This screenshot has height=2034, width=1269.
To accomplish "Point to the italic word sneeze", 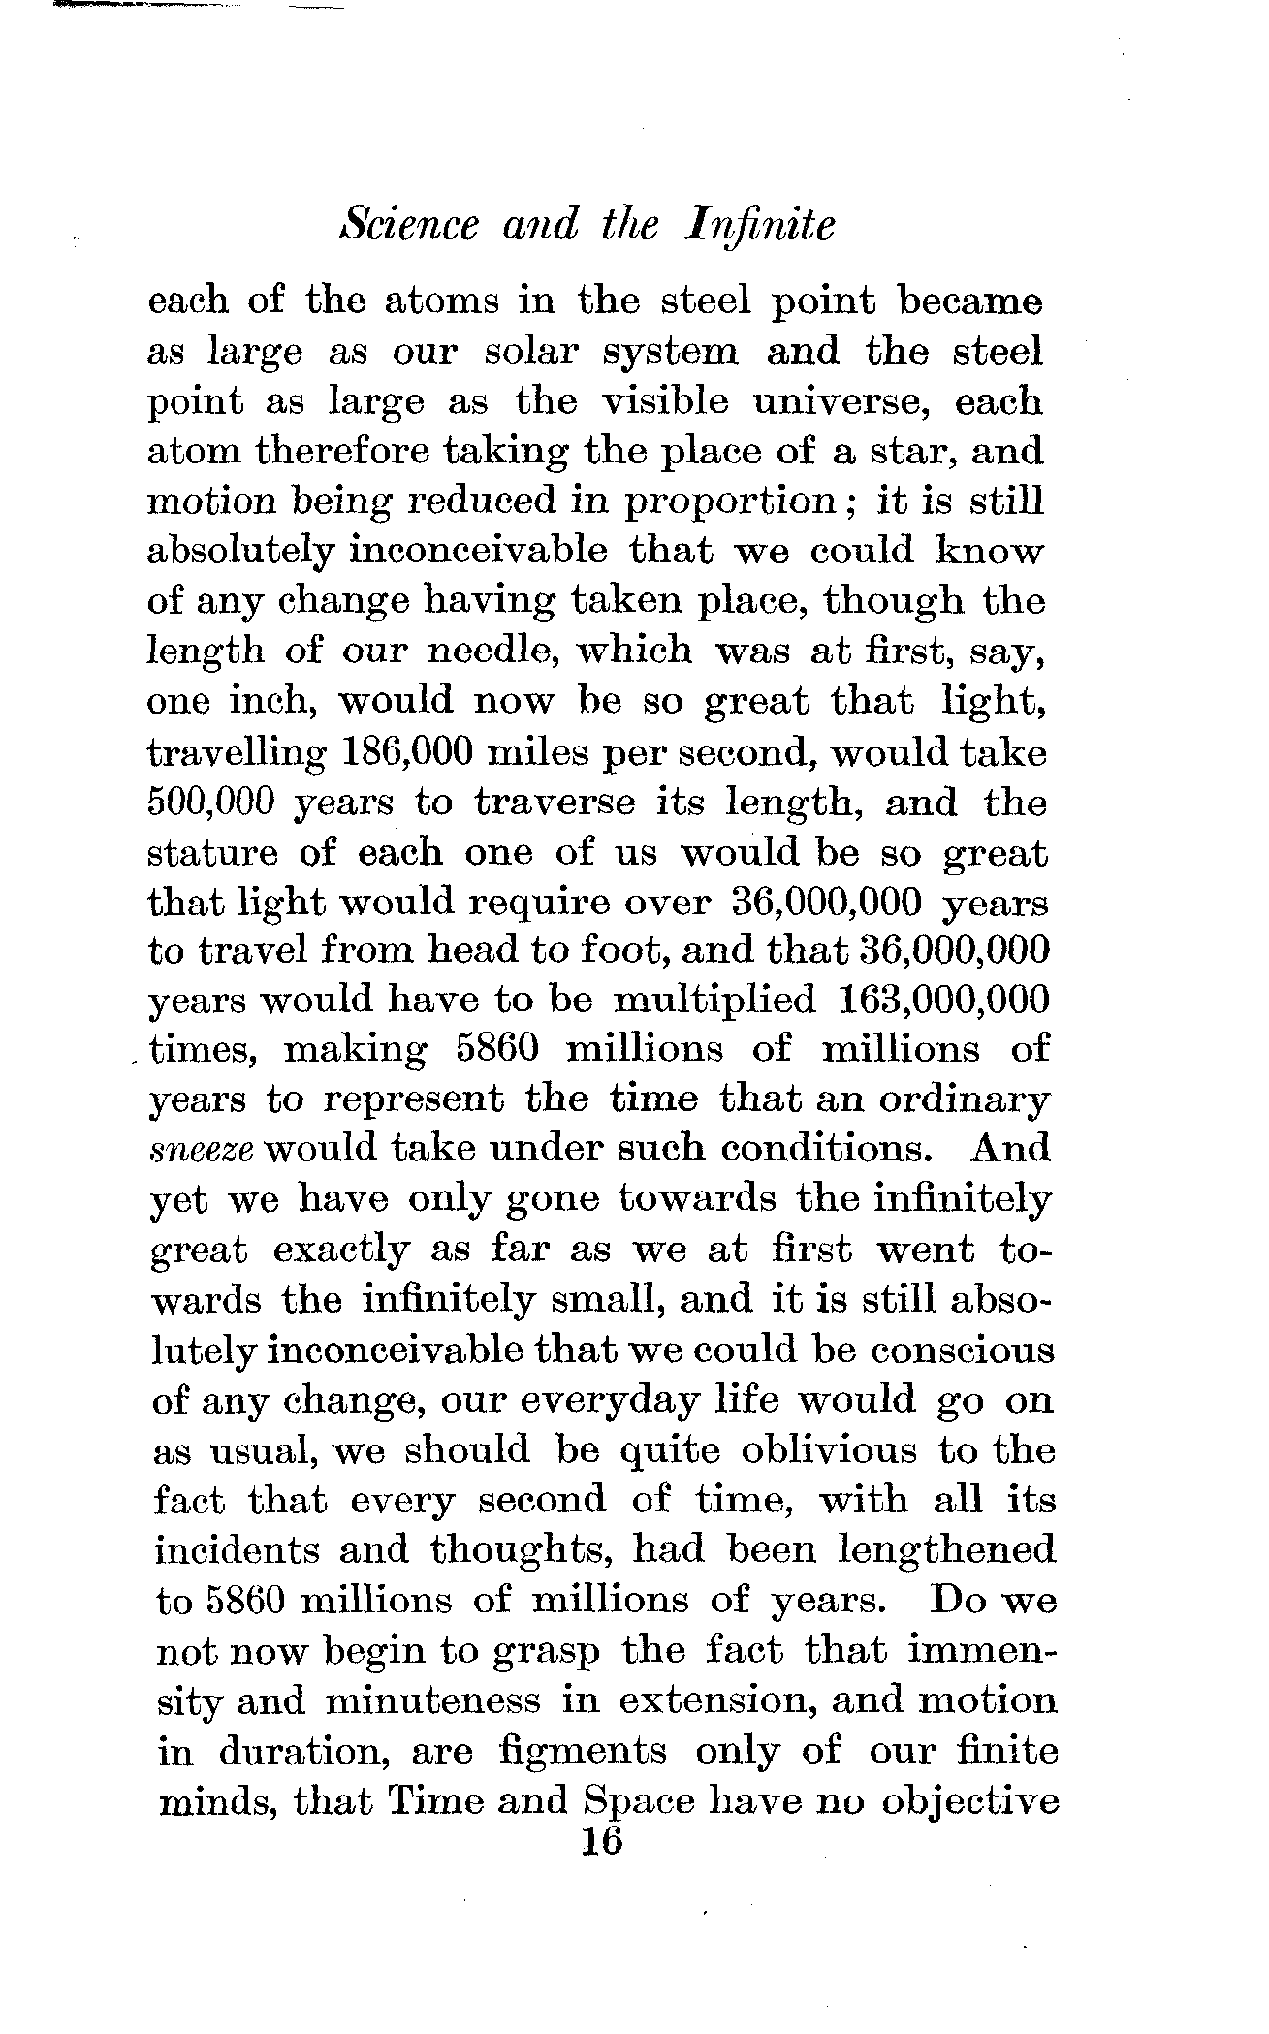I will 203,1150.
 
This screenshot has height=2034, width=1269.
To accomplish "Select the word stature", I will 210,853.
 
